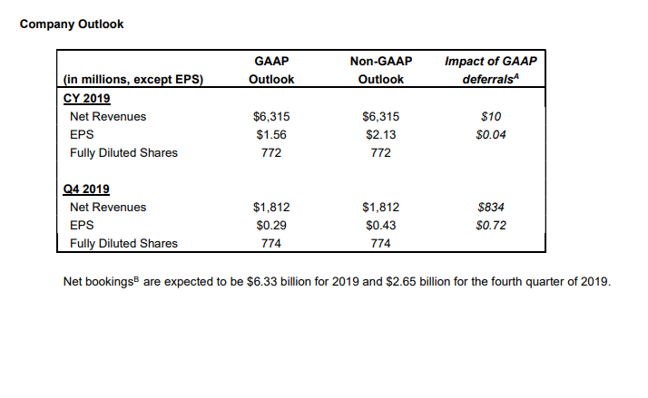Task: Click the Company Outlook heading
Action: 72,24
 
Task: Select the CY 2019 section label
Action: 85,98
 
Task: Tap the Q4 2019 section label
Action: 85,189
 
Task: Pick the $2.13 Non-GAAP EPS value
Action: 380,134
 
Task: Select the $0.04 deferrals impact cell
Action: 490,134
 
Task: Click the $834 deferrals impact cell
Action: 490,207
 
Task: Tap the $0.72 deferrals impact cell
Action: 490,225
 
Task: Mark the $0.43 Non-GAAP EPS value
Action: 380,225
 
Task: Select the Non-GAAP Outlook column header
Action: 380,71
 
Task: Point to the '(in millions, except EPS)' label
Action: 133,80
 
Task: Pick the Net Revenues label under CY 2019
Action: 107,116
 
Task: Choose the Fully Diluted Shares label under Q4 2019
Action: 123,243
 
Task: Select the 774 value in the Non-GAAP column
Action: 380,243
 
